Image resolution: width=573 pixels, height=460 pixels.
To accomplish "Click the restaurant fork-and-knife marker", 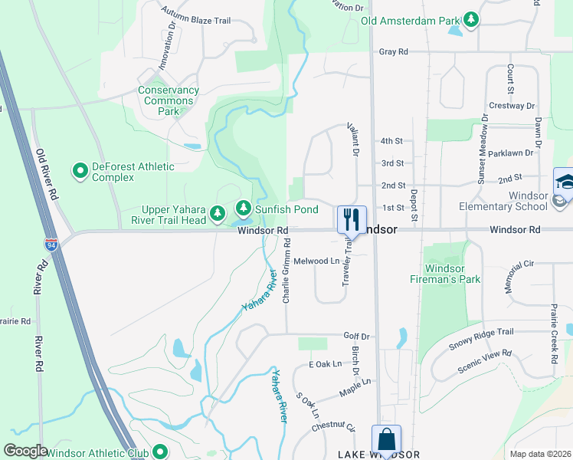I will pos(352,219).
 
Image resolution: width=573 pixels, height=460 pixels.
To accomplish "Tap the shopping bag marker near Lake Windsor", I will pos(386,439).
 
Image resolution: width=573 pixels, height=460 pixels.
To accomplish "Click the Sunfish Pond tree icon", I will pos(243,208).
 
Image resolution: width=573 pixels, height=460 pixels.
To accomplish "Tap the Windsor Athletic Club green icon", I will pos(160,452).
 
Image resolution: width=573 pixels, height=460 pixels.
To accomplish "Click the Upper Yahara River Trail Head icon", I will pos(218,212).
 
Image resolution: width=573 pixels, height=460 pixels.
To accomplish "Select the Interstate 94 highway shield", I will pos(51,245).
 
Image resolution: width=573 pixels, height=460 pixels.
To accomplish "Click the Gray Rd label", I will pos(393,51).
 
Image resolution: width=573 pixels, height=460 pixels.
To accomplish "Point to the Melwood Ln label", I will pos(316,261).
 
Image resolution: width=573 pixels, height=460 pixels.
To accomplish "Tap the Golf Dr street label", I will pos(356,336).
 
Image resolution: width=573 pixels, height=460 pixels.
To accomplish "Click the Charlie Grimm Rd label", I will pos(286,270).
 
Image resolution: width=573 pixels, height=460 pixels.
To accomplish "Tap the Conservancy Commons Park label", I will pos(169,100).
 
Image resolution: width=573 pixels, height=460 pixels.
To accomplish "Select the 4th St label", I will pos(391,141).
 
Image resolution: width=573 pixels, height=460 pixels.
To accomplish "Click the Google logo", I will pos(25,451).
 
